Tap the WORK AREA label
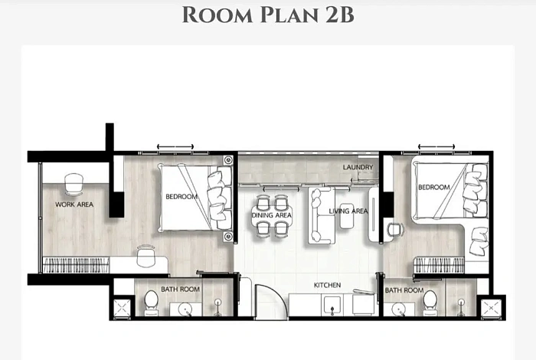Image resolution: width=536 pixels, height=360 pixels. [74, 205]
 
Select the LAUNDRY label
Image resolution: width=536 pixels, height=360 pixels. [358, 167]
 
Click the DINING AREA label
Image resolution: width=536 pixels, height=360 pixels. [272, 215]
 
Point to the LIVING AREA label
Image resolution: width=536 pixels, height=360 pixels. [348, 211]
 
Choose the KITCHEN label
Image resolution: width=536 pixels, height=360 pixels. [327, 285]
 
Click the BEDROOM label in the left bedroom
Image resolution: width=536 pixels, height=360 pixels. [181, 197]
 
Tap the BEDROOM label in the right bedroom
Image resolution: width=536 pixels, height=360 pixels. [434, 187]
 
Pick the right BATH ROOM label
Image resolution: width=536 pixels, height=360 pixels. [404, 290]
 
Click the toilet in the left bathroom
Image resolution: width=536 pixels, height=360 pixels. [152, 302]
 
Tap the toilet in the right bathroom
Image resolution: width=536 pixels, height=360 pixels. [431, 301]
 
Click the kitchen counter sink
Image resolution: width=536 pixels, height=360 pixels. [332, 306]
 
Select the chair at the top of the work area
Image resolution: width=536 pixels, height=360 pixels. [74, 183]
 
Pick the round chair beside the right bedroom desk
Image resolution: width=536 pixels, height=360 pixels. [395, 228]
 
